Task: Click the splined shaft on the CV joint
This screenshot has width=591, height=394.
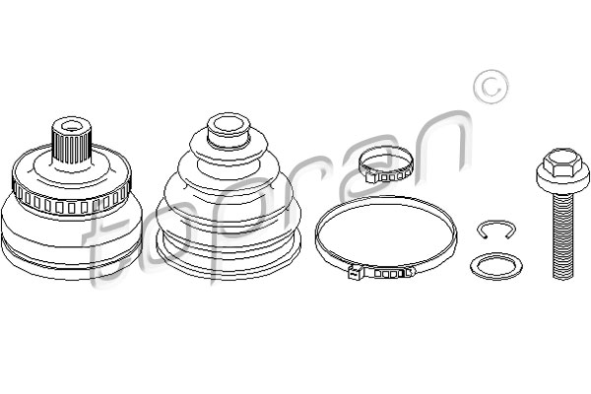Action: point(71,142)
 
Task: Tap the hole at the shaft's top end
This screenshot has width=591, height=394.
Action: point(71,126)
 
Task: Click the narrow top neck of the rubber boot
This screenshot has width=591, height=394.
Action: point(230,130)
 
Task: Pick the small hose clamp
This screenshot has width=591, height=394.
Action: point(385,164)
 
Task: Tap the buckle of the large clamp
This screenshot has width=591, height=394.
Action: point(380,272)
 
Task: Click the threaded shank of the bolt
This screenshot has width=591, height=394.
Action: point(562,233)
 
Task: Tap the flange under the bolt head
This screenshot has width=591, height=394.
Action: point(562,180)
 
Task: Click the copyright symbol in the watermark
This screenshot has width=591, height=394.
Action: point(491,87)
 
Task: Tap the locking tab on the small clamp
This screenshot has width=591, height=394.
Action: point(371,176)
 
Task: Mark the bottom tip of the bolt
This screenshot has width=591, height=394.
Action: point(562,278)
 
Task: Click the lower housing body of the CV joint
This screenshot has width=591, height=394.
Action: point(72,241)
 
